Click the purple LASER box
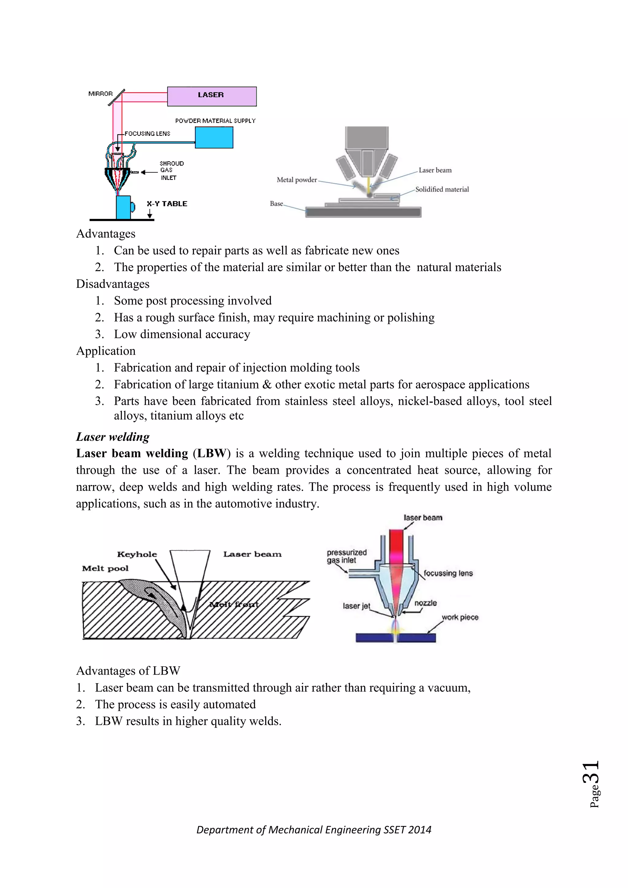tap(212, 96)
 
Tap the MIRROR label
tap(100, 94)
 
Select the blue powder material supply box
tap(214, 138)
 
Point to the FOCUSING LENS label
tap(147, 133)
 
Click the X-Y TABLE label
tap(167, 204)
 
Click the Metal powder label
tap(297, 180)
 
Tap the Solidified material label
tap(442, 189)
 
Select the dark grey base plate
tap(363, 212)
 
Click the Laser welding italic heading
tap(113, 437)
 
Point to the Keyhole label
tap(137, 554)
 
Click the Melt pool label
tap(105, 568)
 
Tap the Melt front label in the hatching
tap(234, 604)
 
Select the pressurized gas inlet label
tap(346, 556)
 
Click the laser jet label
tap(356, 606)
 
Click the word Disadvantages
tap(113, 284)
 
